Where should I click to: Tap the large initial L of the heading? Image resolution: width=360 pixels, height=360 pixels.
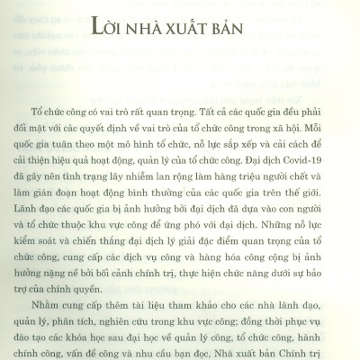99,47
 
